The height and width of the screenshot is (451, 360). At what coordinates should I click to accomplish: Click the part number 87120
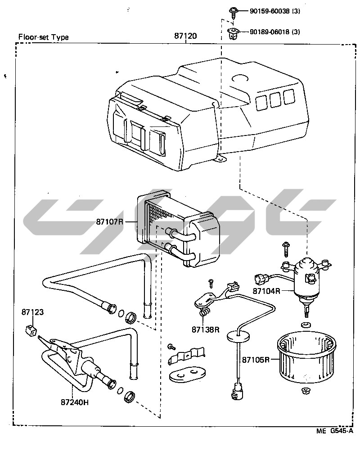(185, 36)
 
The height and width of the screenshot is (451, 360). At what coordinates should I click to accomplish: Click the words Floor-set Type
(43, 37)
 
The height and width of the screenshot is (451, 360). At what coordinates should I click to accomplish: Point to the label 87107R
(109, 222)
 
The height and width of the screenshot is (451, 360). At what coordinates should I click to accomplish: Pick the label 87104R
(266, 291)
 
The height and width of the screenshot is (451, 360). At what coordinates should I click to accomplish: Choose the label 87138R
(206, 329)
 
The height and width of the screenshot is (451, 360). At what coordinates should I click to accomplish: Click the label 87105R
(256, 360)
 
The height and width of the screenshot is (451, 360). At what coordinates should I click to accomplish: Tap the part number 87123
(32, 312)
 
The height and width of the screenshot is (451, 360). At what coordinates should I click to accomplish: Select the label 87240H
(75, 402)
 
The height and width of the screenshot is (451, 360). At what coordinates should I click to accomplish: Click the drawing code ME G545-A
(335, 431)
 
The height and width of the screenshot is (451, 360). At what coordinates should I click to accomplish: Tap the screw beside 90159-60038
(233, 12)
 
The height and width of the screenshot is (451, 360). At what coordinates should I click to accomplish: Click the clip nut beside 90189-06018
(234, 33)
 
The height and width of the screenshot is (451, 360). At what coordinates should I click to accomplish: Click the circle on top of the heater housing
(240, 79)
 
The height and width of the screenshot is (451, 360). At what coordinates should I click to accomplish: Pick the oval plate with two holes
(187, 375)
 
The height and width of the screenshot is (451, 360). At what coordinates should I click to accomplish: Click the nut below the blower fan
(306, 391)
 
